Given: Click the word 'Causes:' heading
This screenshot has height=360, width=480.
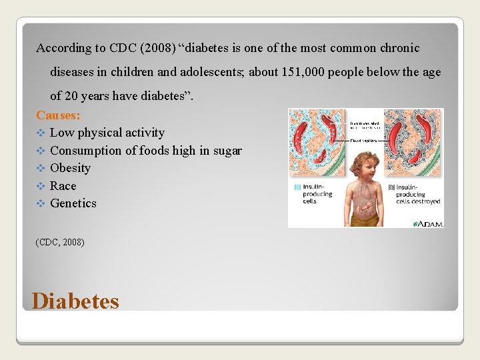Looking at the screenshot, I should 58,115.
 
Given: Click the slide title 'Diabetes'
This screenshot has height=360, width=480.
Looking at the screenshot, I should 75,301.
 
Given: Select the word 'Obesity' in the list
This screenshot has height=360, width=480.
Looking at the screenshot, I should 70,168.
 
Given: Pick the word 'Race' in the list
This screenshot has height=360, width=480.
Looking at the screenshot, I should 63,186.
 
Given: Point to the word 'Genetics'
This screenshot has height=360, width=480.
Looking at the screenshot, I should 73,203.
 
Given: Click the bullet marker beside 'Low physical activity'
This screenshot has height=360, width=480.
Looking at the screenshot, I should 41,133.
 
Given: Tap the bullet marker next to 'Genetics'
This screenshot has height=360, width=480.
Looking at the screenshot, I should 41,203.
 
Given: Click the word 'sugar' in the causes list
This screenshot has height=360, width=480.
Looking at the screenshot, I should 227,151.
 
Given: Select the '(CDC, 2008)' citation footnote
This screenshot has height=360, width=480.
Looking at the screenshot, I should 60,242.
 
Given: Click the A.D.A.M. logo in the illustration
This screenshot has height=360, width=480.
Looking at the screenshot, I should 428,223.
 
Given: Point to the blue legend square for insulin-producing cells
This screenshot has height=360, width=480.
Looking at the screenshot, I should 297,187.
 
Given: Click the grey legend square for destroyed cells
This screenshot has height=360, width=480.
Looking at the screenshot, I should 391,187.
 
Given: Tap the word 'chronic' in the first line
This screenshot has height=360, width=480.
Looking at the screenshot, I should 399,48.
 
